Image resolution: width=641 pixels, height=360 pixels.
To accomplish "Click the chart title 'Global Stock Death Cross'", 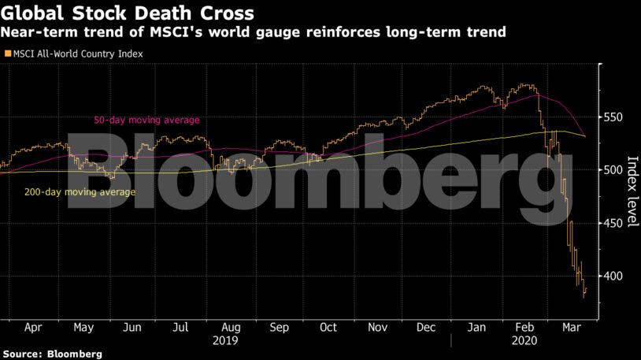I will coord(127,13).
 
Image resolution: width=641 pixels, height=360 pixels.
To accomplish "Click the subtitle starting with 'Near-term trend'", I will coord(253,32).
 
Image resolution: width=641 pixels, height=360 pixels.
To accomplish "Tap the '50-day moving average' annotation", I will coord(146,120).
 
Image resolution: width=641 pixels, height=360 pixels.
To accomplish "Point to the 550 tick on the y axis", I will coord(614,117).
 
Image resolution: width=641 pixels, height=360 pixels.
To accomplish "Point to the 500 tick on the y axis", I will coord(614,170).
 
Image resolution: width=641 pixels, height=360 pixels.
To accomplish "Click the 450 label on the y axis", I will coord(614,224).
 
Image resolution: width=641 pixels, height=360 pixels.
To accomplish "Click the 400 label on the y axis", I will coord(614,276).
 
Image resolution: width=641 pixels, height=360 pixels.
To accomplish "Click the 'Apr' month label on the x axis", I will coord(34,327).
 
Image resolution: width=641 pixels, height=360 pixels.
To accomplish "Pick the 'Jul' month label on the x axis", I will coord(181,327).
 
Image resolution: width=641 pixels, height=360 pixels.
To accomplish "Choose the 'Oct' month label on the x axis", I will coord(328,327).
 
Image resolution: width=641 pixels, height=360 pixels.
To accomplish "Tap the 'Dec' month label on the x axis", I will coord(426,327).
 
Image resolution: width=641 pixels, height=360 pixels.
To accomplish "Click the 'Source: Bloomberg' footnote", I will coord(52,354).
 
